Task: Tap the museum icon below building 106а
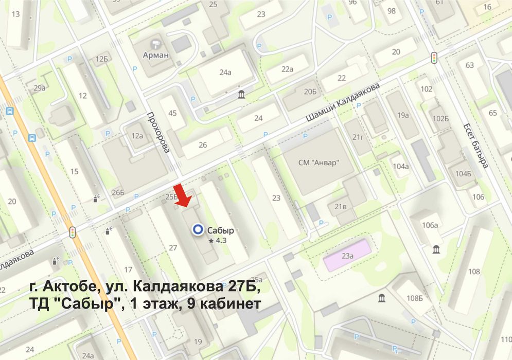coord(436,249)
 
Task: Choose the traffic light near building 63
coord(434,58)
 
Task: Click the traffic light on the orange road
coord(73,232)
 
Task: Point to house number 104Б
coord(463,173)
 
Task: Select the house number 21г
coord(358,136)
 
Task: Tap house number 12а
coord(137,136)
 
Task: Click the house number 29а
coord(40,88)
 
